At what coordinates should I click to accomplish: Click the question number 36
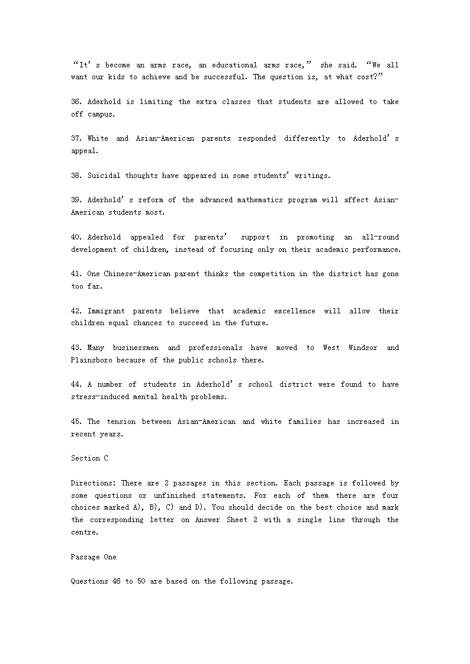point(77,102)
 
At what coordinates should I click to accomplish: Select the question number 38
point(77,176)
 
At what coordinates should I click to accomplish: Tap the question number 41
point(77,274)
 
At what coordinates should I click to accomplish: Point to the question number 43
point(77,348)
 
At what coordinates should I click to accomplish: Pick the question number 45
point(77,422)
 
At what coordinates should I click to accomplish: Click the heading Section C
point(89,458)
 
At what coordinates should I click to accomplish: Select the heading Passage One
point(94,557)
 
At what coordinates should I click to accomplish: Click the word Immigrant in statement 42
point(106,311)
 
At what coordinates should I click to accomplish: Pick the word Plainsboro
point(91,360)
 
